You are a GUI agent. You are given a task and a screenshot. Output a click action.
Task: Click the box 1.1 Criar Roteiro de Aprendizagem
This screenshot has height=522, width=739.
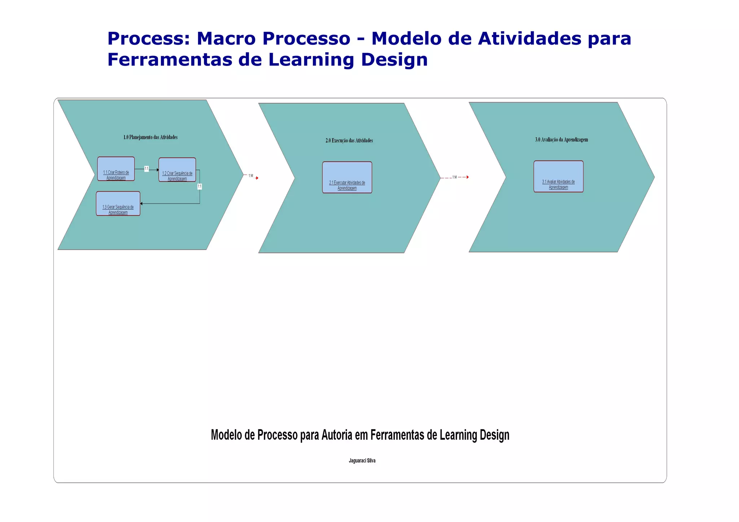pos(116,169)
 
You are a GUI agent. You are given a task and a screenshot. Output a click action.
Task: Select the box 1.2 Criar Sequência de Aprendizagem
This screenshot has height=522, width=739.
pos(177,170)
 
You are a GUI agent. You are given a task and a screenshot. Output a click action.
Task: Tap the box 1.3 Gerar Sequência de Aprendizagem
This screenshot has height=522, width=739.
pos(118,203)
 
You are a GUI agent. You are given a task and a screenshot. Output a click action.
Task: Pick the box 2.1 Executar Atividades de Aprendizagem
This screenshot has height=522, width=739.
pos(347,177)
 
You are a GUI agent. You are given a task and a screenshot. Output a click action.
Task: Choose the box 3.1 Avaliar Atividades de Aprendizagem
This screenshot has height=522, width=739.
pos(558,176)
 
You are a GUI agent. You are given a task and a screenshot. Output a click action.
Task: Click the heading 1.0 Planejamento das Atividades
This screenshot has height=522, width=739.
pos(150,137)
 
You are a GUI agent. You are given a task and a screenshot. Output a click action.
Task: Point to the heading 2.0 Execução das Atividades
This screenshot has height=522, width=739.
pos(349,140)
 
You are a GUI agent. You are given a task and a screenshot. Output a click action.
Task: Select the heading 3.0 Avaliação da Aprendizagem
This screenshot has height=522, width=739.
pos(561,140)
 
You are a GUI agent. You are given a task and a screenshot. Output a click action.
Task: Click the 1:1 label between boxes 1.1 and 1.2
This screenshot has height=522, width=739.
pos(147,168)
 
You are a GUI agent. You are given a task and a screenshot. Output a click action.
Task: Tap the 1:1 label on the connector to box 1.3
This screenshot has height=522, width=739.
pos(200,186)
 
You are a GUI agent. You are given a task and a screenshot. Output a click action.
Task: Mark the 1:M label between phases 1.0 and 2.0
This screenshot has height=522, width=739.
pos(251,176)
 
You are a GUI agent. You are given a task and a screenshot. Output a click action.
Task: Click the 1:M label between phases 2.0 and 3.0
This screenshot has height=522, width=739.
pos(455,177)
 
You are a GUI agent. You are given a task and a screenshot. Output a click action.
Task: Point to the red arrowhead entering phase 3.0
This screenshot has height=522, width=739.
pos(468,177)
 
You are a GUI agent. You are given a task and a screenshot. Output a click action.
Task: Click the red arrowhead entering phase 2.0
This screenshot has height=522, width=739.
pos(257,178)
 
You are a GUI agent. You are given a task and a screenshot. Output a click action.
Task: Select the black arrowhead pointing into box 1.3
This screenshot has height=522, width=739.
pos(141,203)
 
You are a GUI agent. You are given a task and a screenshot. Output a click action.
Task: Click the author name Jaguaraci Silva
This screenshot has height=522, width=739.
pos(362,461)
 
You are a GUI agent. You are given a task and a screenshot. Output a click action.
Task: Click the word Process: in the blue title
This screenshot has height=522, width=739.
pos(149,38)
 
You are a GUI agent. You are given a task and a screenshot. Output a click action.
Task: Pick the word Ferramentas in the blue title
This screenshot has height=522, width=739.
pos(170,60)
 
